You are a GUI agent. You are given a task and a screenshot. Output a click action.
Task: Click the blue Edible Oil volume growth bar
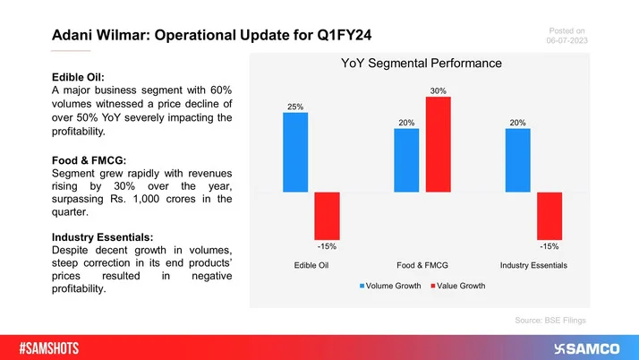coord(295,152)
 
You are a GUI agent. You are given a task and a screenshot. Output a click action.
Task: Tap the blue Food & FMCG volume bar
coord(406,160)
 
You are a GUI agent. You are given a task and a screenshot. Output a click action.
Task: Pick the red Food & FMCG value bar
coord(439,144)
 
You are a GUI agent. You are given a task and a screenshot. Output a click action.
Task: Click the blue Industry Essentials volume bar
coord(518,160)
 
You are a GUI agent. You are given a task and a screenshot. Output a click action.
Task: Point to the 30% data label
coord(439,90)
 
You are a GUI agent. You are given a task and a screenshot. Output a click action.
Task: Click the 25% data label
coord(295,106)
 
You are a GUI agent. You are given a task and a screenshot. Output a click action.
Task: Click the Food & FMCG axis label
coord(422,266)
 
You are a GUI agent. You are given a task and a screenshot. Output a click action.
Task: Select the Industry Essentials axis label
coord(534,266)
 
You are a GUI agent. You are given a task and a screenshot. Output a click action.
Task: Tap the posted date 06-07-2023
coord(565,41)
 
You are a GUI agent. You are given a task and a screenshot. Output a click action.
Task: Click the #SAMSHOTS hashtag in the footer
coord(55,346)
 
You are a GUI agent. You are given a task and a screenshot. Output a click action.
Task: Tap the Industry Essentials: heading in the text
coord(106,236)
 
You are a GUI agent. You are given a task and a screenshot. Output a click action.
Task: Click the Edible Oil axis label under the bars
coord(311,266)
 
